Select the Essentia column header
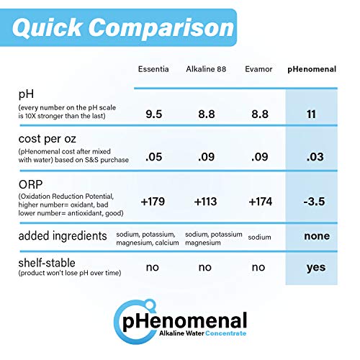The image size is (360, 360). point(155,70)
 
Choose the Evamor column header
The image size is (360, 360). point(258,70)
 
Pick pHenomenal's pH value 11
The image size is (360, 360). point(311,113)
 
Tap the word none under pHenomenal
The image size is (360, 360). point(316,236)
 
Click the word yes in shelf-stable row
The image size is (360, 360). point(315,267)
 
